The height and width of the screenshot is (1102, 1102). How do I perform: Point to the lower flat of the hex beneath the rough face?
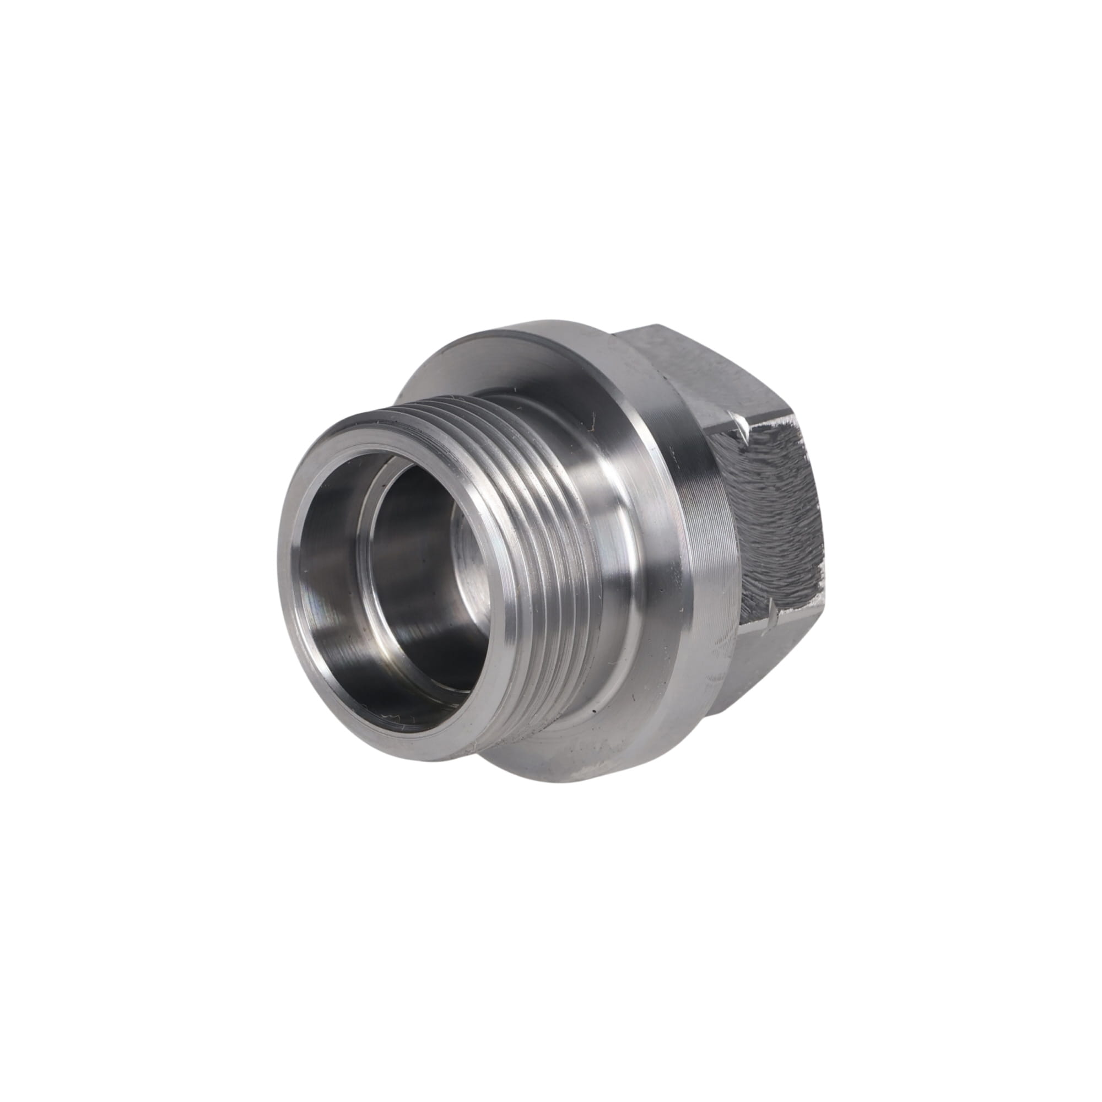759,673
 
